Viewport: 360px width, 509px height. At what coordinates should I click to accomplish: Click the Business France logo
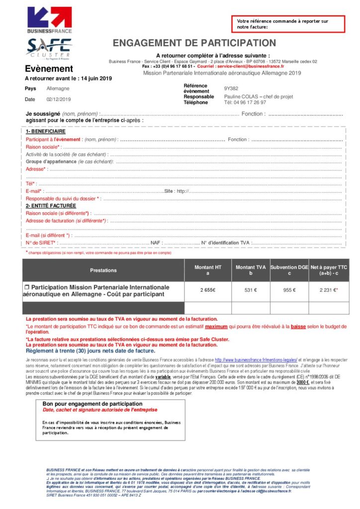click(x=50, y=20)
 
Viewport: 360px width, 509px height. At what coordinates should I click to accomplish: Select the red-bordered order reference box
click(x=287, y=24)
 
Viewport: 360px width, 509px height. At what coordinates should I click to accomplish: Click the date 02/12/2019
click(x=59, y=99)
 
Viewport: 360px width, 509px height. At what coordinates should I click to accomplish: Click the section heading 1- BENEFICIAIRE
click(x=45, y=132)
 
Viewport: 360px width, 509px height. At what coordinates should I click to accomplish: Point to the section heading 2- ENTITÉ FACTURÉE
click(x=51, y=205)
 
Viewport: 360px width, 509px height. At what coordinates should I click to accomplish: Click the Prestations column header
click(x=103, y=270)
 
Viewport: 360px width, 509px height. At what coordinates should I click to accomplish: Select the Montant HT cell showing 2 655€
click(x=208, y=290)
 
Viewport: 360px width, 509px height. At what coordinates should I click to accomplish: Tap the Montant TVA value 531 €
click(x=250, y=290)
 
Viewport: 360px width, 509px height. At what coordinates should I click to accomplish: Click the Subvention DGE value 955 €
click(x=289, y=290)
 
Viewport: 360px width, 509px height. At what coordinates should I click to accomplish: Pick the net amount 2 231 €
click(x=328, y=290)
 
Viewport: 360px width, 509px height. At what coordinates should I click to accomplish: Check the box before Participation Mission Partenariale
click(x=27, y=287)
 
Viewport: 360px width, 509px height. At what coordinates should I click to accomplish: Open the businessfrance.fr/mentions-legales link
click(x=256, y=359)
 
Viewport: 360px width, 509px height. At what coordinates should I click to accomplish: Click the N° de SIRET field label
click(x=41, y=243)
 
